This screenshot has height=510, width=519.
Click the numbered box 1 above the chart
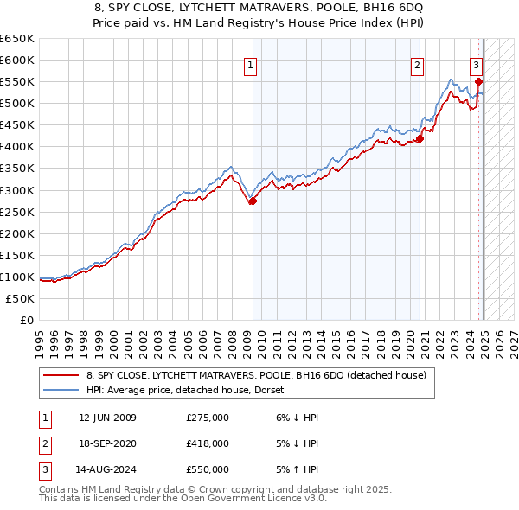tap(250, 64)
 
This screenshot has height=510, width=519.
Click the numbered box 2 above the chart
tap(417, 64)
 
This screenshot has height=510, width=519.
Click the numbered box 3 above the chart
tap(476, 64)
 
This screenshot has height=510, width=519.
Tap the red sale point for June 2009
tap(253, 201)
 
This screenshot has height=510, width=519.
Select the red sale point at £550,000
tap(478, 81)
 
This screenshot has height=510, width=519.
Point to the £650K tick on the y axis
tap(17, 39)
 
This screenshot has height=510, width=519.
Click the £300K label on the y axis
tap(17, 190)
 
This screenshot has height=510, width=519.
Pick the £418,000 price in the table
tap(208, 443)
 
